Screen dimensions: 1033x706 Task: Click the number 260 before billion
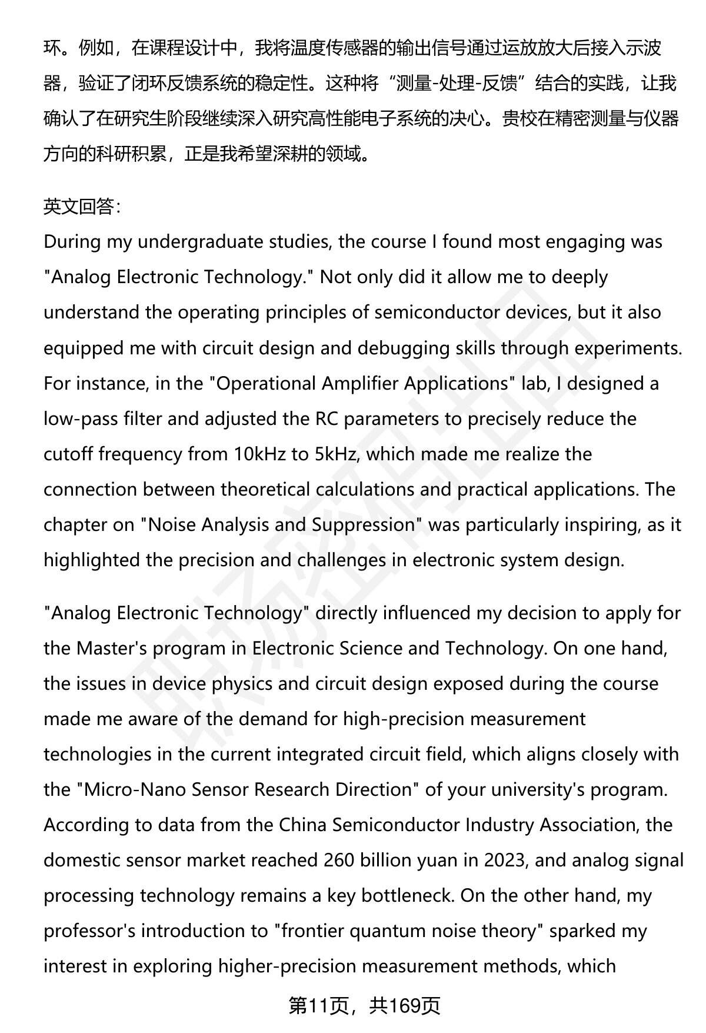(339, 860)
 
